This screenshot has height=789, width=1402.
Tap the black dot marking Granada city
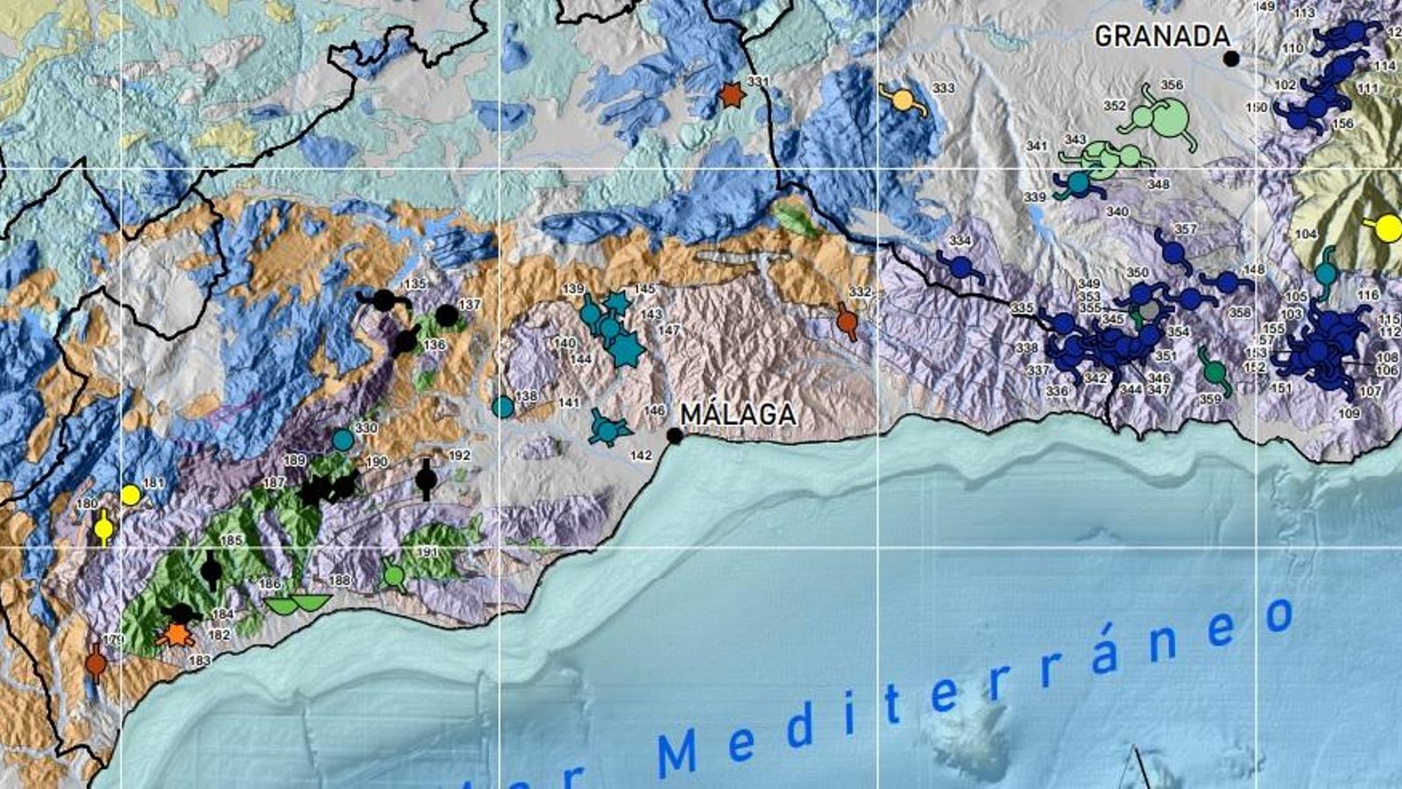1231,59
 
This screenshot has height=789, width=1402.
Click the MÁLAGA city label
738,414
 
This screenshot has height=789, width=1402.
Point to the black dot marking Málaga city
674,436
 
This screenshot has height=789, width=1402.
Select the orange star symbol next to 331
731,95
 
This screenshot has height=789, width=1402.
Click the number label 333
943,89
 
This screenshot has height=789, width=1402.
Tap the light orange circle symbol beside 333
903,100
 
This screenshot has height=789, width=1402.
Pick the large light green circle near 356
1169,118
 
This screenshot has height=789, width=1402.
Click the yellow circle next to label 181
131,495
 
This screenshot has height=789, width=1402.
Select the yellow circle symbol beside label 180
103,529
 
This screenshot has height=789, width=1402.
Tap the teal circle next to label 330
343,439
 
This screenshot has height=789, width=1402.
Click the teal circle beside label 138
502,407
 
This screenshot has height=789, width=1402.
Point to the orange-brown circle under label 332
846,322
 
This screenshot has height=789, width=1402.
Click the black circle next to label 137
447,315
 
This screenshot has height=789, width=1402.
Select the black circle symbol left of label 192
426,480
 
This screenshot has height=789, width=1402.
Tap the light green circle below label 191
395,576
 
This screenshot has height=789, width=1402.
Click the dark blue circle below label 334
960,266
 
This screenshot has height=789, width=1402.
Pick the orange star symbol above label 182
177,635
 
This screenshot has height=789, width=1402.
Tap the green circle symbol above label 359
1214,373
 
